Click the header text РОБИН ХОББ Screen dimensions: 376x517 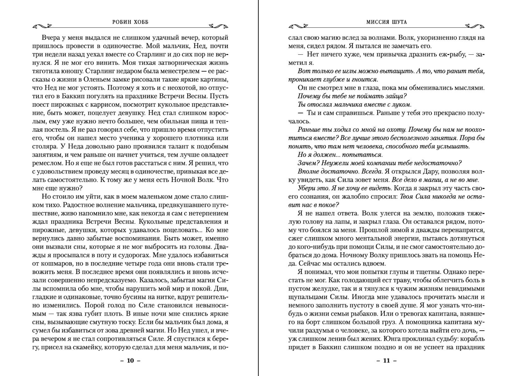tap(130, 22)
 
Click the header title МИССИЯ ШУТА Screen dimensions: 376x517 tap(387, 22)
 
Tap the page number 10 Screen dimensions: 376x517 tap(130, 360)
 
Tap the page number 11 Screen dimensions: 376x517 tap(387, 360)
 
